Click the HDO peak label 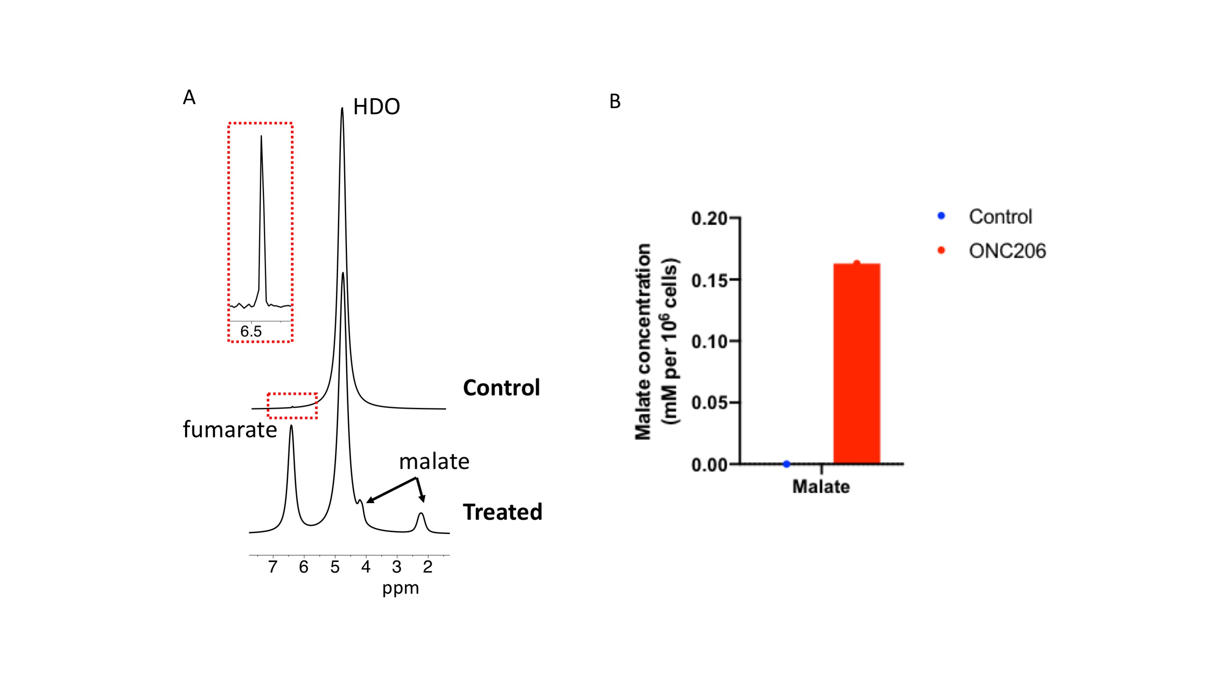[x=377, y=107]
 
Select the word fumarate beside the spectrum [x=230, y=430]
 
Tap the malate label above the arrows [x=434, y=462]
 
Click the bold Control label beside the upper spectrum [x=501, y=388]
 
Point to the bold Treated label [x=502, y=512]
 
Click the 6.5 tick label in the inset [x=251, y=331]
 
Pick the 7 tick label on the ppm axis [x=273, y=567]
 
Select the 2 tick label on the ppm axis [x=428, y=567]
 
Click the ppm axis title [x=401, y=588]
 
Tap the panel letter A [x=189, y=98]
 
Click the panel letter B [x=615, y=101]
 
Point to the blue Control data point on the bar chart [x=787, y=464]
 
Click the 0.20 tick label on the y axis [x=709, y=219]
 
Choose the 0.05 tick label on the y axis [x=709, y=403]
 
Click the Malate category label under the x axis [x=821, y=487]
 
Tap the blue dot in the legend [x=941, y=216]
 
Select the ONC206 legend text [x=1007, y=251]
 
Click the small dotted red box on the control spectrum [x=292, y=406]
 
